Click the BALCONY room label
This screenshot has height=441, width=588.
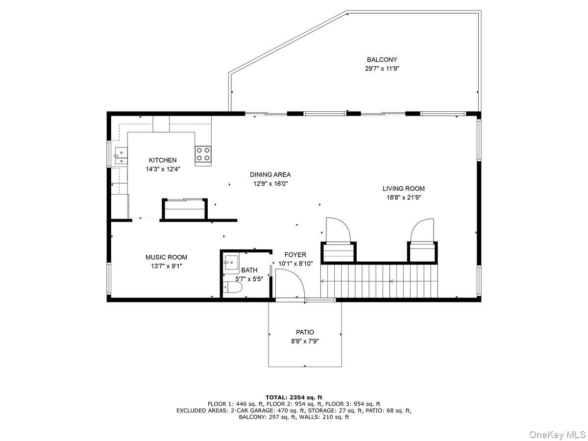(x=382, y=60)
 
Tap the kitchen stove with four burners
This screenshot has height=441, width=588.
(x=203, y=154)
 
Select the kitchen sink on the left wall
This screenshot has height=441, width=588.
(x=120, y=156)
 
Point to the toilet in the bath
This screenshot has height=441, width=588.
(x=232, y=288)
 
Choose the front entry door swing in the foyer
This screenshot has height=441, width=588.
(x=289, y=283)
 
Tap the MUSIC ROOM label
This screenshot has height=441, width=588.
(x=166, y=257)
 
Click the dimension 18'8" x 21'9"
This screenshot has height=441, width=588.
(x=403, y=197)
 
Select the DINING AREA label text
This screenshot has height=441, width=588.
(x=270, y=174)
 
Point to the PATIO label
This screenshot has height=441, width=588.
(x=305, y=332)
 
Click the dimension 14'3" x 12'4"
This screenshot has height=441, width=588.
(x=163, y=169)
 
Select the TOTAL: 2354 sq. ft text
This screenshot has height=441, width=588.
(x=294, y=397)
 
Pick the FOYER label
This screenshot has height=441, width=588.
(x=295, y=255)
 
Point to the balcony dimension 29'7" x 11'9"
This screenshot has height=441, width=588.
(x=382, y=69)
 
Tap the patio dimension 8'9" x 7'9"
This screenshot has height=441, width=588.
(x=305, y=341)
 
